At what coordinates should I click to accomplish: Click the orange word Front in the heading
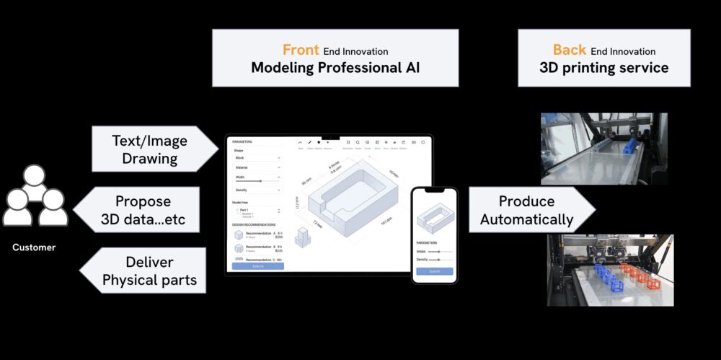point(301,51)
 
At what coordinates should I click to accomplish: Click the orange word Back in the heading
point(570,50)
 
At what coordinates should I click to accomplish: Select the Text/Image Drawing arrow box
point(150,149)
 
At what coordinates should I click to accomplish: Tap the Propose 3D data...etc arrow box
point(143,209)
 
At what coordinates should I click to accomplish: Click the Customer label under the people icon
point(34,247)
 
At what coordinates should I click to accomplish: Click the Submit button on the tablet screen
point(258,265)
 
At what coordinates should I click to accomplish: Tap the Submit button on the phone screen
point(434,271)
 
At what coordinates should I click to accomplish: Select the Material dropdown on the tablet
point(257,167)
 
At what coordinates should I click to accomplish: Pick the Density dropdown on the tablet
point(257,190)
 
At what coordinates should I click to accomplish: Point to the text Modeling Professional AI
point(335,69)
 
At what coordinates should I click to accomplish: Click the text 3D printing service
point(604,69)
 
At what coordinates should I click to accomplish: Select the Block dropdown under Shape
point(257,157)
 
